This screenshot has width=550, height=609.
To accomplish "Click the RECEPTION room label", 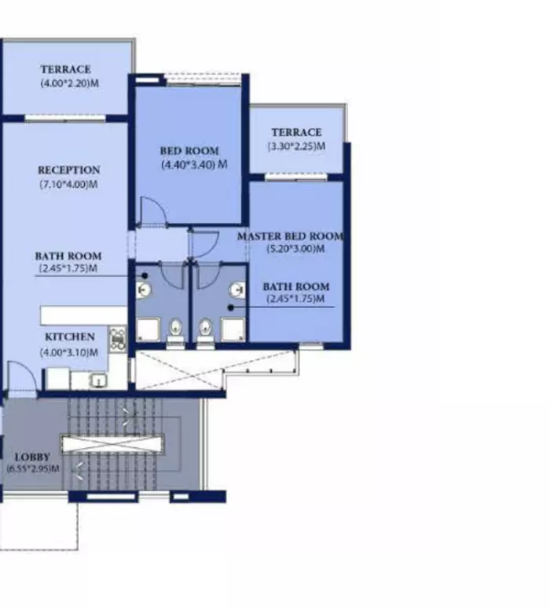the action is pos(69,170).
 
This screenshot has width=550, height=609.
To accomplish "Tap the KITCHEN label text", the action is pos(70,337).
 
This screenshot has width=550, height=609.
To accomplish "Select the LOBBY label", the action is pos(32,457).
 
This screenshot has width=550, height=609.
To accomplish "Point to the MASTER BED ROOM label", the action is pos(291,236).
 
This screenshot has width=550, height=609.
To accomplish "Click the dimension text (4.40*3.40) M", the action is pos(195,165).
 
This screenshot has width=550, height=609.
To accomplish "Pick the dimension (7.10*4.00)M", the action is pos(68,184).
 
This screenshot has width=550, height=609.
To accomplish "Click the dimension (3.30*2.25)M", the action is pos(296,147).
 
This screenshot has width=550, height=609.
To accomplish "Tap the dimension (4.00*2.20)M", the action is pos(70,83).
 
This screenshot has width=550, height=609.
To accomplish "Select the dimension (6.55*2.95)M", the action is pos(33,469).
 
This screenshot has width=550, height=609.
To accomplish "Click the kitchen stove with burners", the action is pos(118,338).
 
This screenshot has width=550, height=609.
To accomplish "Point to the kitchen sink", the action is pos(99,381).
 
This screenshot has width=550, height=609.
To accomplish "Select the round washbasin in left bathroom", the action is pos(144,290).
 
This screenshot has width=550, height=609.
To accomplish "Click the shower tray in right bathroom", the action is pos(233,330).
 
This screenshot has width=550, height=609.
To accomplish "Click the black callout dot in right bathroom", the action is pos(231,308).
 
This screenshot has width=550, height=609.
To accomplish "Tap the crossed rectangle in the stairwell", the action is pos(112,444).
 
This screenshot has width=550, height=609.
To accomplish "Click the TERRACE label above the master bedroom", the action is pos(297,133).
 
